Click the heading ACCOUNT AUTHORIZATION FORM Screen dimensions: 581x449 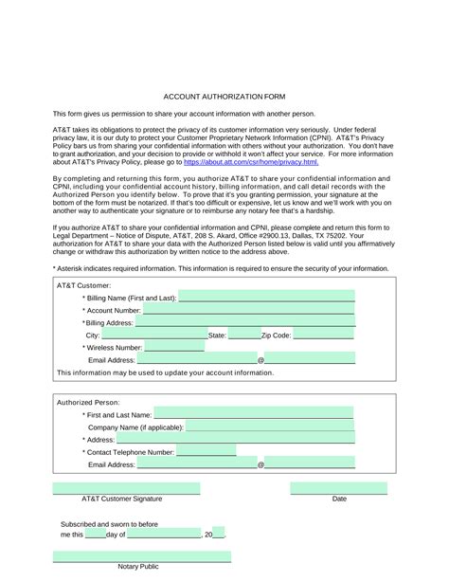224,97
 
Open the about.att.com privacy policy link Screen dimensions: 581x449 251,162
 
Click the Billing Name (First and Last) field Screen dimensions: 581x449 266,297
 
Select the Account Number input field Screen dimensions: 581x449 248,309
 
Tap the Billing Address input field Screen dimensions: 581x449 244,322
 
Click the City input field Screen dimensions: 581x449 153,335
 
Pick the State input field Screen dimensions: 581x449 244,335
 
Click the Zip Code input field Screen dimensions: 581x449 323,335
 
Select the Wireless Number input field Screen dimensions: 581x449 173,347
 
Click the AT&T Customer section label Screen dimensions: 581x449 84,284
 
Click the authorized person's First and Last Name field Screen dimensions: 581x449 253,414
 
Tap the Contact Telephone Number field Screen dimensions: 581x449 206,452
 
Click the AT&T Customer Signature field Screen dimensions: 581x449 126,489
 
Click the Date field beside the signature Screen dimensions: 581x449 338,489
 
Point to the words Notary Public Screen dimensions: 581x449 138,566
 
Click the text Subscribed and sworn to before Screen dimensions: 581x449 109,523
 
